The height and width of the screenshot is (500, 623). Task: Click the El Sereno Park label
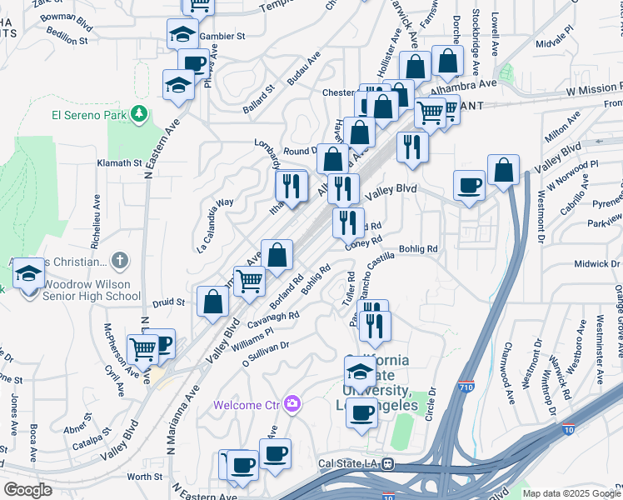pos(87,112)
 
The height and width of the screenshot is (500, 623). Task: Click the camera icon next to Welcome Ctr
pos(292,404)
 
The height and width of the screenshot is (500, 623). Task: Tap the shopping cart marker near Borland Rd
pos(249,281)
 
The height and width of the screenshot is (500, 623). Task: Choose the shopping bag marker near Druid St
pos(213,302)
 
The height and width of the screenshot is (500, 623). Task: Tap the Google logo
pos(27,490)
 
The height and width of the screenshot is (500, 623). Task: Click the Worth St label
pos(146,477)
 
